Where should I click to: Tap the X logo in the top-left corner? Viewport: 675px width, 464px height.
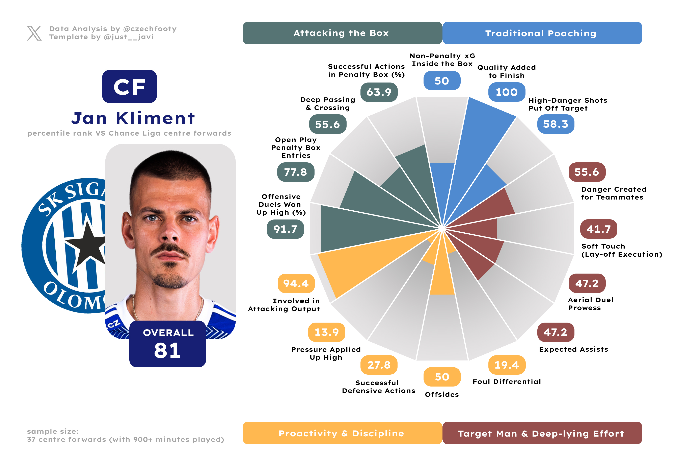[x=34, y=33]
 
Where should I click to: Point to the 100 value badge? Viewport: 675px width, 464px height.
[x=507, y=92]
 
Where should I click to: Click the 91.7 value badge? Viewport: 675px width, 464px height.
[x=285, y=229]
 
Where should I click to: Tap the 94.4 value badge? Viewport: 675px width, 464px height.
[x=296, y=283]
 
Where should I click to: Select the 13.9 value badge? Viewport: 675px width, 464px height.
[x=326, y=332]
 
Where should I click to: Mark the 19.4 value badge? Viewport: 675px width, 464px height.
[x=507, y=365]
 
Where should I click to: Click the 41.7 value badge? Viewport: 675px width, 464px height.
[x=599, y=229]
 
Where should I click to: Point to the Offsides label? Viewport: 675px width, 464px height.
[x=442, y=395]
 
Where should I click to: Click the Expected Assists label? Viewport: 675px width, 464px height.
[x=573, y=349]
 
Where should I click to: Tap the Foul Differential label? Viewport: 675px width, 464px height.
[x=507, y=381]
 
